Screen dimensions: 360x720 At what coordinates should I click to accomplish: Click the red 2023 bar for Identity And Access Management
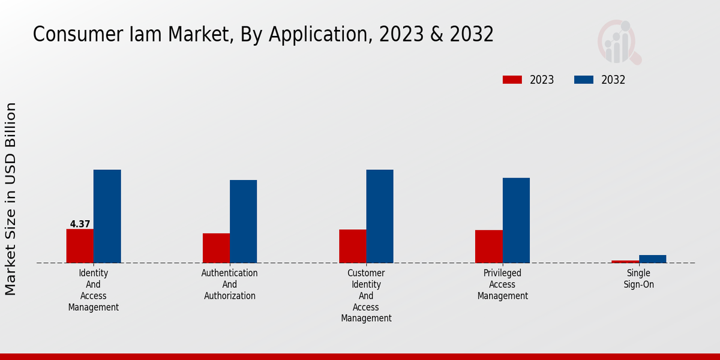click(80, 246)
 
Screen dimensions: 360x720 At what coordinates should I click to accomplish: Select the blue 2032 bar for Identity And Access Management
click(107, 216)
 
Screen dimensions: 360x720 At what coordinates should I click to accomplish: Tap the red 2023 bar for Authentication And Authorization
click(216, 248)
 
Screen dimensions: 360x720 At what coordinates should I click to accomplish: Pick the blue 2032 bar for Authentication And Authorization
click(243, 221)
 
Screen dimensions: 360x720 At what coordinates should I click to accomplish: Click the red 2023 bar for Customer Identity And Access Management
click(352, 246)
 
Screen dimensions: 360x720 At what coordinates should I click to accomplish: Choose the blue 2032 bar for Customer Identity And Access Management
click(380, 216)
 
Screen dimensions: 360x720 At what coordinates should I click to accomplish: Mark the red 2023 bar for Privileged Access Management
click(488, 247)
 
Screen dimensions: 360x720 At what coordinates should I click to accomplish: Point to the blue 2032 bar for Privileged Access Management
click(516, 220)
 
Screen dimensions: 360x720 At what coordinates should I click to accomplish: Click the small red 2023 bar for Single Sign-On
click(625, 262)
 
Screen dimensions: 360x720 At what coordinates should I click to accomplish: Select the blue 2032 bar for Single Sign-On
click(652, 259)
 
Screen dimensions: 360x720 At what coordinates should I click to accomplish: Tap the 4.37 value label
click(80, 224)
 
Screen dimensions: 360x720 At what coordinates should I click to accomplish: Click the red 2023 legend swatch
click(512, 80)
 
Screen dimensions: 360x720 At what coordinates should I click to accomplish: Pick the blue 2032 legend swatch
click(584, 80)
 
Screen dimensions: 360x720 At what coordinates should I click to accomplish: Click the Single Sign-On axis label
click(638, 278)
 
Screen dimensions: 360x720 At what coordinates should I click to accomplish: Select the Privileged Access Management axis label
click(503, 284)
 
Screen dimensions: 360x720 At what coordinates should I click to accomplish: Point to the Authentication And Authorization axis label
click(230, 284)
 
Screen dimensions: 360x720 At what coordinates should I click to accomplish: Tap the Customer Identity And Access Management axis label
click(366, 296)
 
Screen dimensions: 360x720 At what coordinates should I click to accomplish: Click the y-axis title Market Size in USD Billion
click(11, 199)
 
